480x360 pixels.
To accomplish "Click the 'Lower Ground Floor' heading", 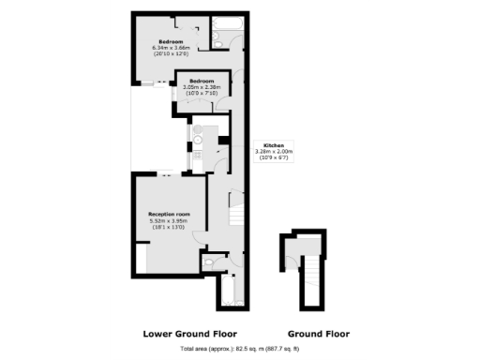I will coord(189,334).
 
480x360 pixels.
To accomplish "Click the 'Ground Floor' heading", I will coord(319,334).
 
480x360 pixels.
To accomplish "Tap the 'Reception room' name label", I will coord(169,215).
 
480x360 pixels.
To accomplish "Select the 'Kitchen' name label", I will coord(274,145).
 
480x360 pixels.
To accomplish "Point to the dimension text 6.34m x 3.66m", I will coord(170,48).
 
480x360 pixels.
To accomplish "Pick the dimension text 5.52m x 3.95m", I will coord(169,221).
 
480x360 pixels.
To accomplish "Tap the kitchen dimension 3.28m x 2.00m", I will coord(274,152).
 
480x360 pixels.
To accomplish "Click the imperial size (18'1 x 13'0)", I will coord(169,228).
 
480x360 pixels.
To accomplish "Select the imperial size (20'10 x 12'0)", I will coord(170,54).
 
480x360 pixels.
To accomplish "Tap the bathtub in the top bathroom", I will coord(225,23).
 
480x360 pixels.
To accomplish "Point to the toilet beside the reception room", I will coord(216,263).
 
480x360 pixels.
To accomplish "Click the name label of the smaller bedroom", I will coord(202,81).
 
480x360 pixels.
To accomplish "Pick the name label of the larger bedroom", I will coord(170,41).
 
